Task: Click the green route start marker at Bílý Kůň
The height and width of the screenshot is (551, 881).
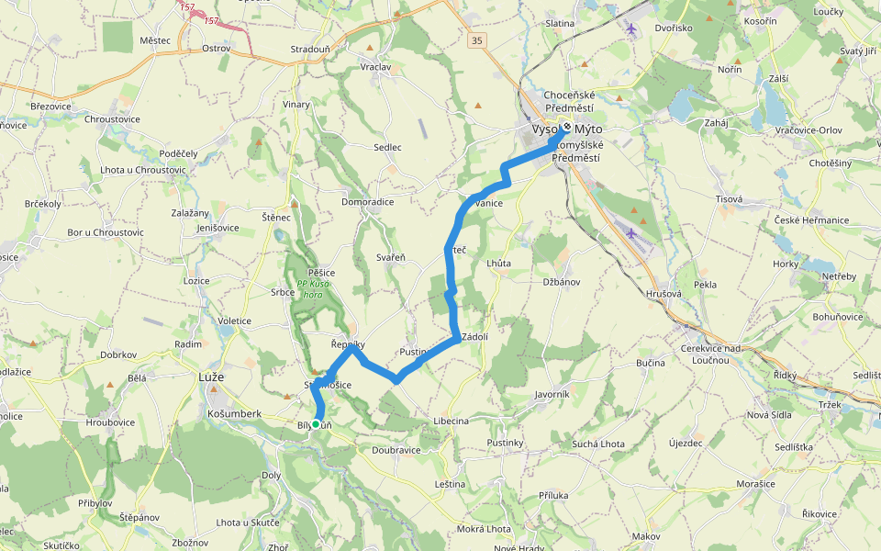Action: (x=316, y=423)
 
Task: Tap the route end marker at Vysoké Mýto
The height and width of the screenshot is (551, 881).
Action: (x=567, y=128)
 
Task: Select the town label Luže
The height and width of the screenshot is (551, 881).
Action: (x=211, y=377)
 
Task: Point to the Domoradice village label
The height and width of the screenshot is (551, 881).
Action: (x=367, y=202)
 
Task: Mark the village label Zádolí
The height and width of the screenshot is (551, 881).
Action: (x=474, y=337)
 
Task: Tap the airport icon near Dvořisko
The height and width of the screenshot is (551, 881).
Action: (x=630, y=28)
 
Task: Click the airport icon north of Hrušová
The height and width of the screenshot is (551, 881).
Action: (x=630, y=232)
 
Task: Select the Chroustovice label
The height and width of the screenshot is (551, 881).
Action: (x=112, y=119)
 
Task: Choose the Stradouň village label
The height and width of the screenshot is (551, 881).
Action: (x=309, y=48)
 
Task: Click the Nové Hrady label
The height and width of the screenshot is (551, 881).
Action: (x=519, y=548)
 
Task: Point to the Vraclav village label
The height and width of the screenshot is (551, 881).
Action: (x=376, y=68)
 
